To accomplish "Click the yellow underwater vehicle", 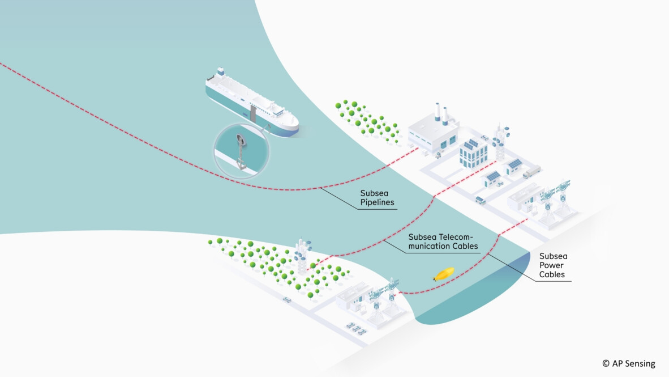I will coord(443,274).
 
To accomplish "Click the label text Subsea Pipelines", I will coord(377,197).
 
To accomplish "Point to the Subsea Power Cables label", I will coord(552,265).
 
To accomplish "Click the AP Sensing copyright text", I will coord(628,363).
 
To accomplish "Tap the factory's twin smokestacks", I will coord(441,113).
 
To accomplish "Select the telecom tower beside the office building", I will coord(500,141).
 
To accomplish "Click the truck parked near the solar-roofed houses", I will coord(531,172).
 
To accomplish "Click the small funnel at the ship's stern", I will coord(220,73).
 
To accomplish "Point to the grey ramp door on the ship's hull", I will coord(253,116).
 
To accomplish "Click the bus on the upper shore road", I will coord(480,200).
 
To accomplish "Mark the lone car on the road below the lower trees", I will coord(287,299).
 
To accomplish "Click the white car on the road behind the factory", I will coord(484,138).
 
